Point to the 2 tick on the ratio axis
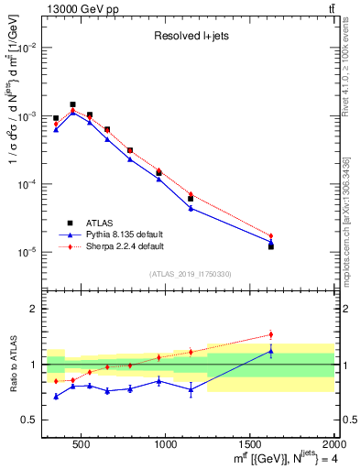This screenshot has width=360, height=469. click(34, 309)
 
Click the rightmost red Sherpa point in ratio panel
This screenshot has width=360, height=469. click(271, 334)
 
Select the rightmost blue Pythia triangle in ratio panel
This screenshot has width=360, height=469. click(271, 351)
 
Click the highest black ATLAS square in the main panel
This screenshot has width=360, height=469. click(72, 104)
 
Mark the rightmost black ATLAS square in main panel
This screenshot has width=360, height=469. click(271, 246)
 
